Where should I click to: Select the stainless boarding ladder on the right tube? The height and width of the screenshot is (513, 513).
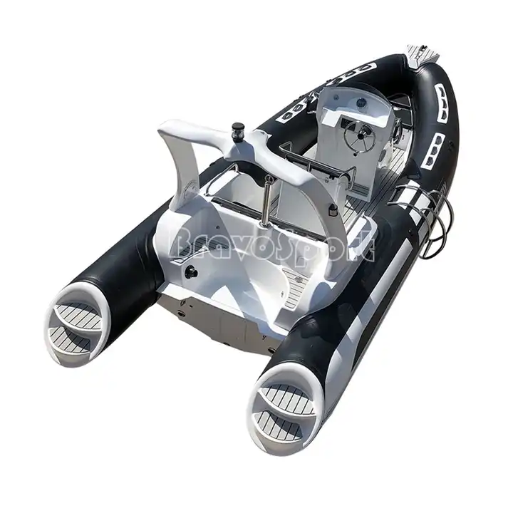(x=425, y=209)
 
